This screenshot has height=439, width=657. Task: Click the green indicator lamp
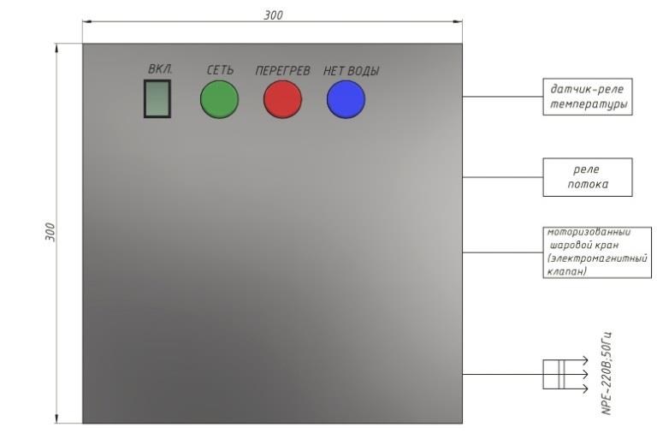(x=219, y=99)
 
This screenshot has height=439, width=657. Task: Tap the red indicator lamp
(x=282, y=99)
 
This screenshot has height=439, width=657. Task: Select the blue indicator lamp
(x=346, y=99)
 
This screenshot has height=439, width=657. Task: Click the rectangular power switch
(x=157, y=99)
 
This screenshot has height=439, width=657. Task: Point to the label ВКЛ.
(x=160, y=69)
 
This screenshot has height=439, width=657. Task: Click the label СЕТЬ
(x=220, y=70)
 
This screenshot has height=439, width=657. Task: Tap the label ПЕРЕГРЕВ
(x=283, y=71)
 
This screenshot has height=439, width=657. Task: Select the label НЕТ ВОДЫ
(x=351, y=71)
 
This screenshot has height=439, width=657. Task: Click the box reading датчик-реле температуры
(x=588, y=97)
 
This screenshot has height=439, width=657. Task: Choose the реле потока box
(x=588, y=177)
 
